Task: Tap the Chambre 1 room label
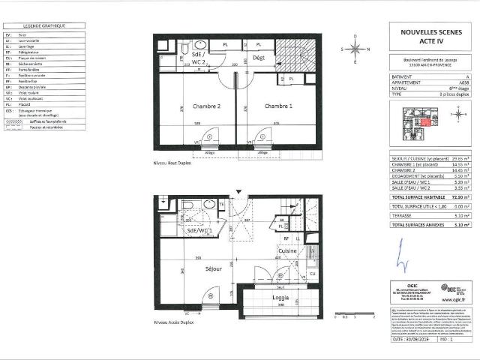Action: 279,106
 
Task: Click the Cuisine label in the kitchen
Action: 289,250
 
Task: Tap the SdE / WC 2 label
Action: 199,59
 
